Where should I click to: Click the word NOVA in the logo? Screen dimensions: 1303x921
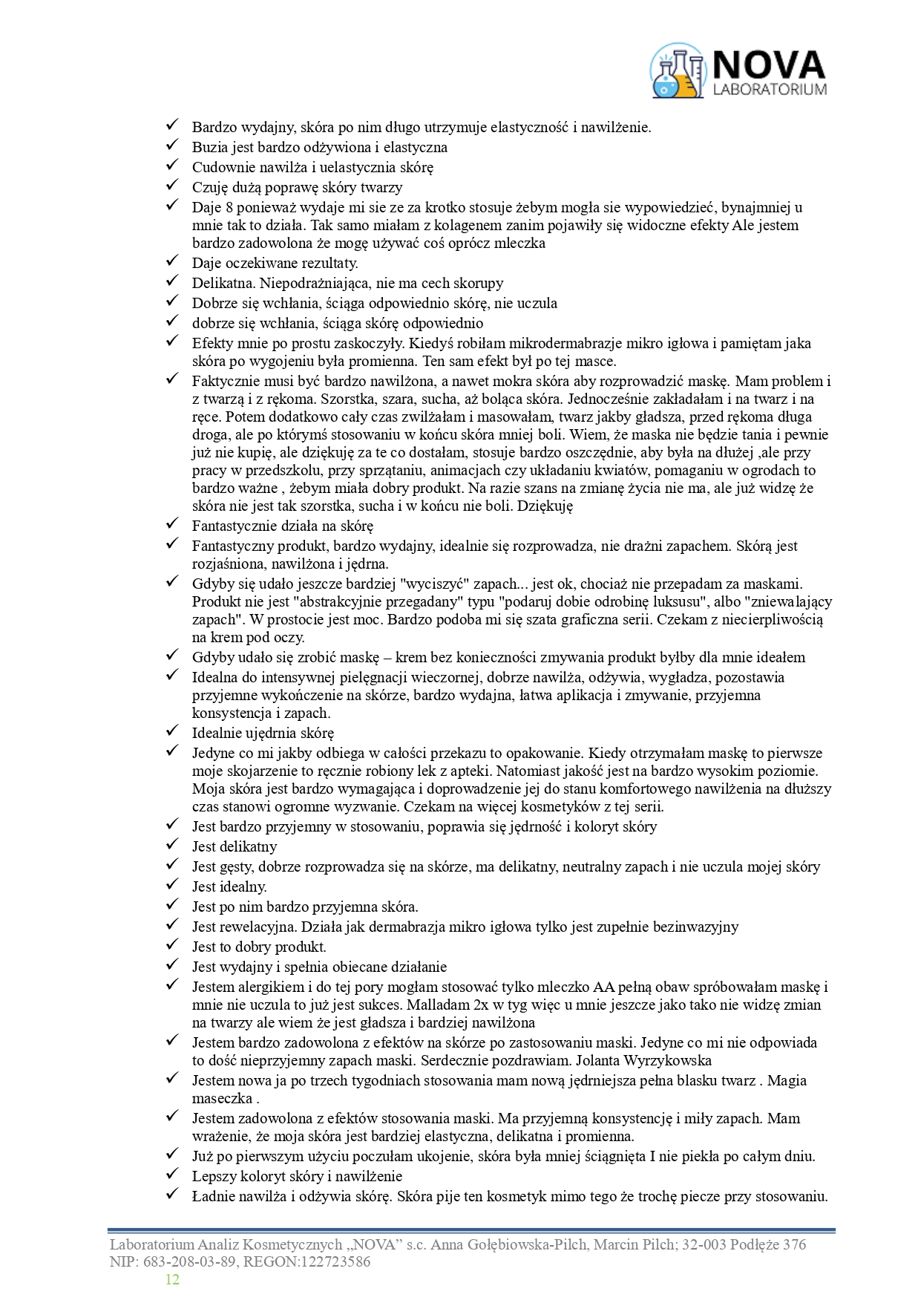(768, 65)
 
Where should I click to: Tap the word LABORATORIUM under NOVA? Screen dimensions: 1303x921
(769, 90)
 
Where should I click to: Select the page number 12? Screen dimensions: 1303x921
(172, 1279)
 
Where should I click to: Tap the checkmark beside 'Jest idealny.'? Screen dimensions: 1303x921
(172, 885)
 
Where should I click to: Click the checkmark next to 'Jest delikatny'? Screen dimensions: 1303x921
(172, 845)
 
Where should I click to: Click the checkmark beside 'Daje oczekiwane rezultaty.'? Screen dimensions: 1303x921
(172, 261)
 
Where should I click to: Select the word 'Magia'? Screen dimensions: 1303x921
(787, 1080)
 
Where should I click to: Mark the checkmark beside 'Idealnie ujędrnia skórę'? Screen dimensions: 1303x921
(172, 731)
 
